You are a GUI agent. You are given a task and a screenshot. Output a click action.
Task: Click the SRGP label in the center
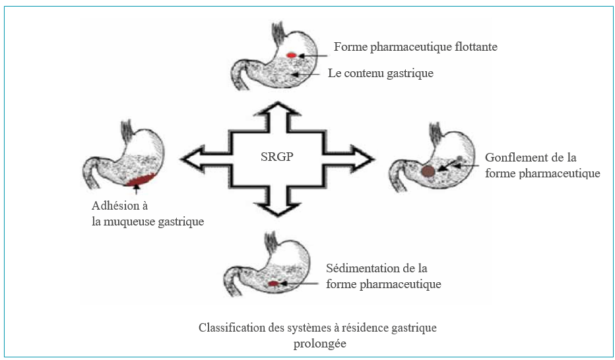tap(276, 158)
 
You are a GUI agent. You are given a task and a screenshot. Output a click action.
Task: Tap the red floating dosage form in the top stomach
tap(291, 55)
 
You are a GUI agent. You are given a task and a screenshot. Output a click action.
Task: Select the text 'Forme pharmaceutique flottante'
tap(415, 47)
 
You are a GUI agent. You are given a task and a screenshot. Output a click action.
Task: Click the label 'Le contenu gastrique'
tap(381, 73)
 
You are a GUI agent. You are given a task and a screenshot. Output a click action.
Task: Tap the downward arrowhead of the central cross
tap(276, 209)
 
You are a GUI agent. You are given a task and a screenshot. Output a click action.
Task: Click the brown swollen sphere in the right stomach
tap(428, 171)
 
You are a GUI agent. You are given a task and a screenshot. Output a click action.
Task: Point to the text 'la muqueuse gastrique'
tap(148, 222)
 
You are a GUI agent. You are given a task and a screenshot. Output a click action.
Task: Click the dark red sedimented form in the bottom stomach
tap(273, 284)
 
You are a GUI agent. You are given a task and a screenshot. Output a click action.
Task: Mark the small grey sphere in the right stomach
tap(460, 159)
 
